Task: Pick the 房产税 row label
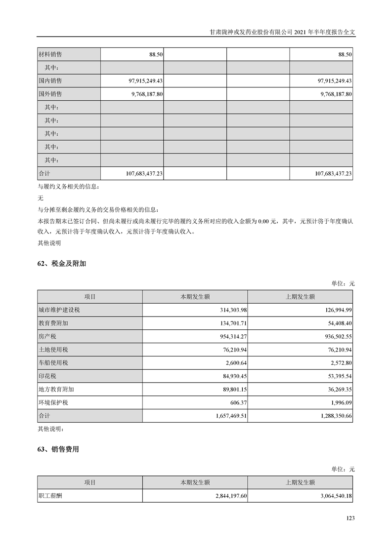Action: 47,336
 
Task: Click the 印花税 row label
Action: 47,376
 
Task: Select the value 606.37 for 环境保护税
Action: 237,403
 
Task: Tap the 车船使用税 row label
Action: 53,363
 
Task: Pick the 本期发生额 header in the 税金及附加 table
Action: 195,297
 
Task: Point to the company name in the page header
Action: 251,31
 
